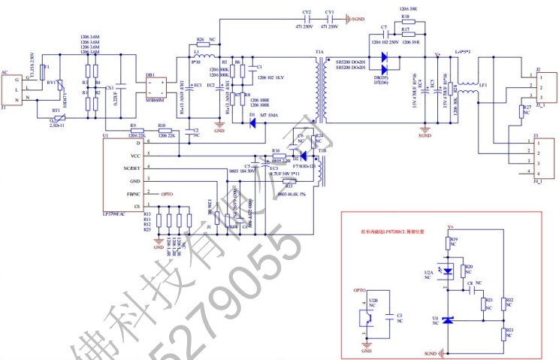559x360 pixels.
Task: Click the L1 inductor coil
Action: pos(202,56)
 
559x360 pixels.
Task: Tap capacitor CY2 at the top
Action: pos(307,18)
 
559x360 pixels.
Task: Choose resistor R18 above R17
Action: pos(405,20)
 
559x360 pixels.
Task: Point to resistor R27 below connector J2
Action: pos(520,113)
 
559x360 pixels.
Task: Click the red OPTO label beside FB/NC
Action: pos(167,194)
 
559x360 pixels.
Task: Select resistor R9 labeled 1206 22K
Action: pos(133,130)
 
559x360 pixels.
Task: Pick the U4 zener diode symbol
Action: pos(449,320)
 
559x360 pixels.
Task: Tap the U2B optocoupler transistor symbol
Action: pos(367,316)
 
